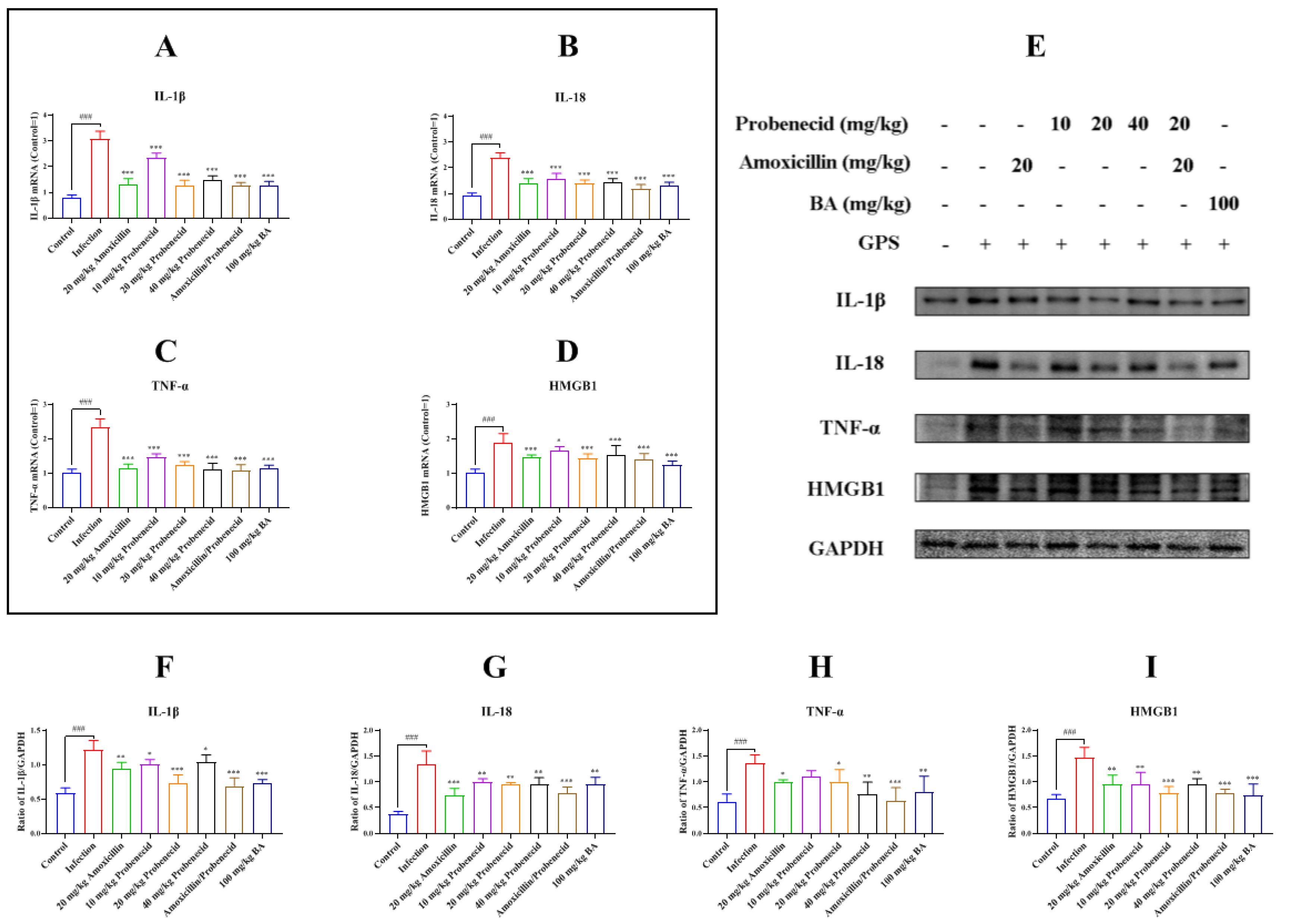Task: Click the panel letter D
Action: point(567,352)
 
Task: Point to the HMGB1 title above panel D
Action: point(572,386)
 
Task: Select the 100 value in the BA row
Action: point(1223,203)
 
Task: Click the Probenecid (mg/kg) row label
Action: point(821,124)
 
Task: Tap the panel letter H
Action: point(820,667)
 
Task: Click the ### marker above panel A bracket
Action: point(85,117)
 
